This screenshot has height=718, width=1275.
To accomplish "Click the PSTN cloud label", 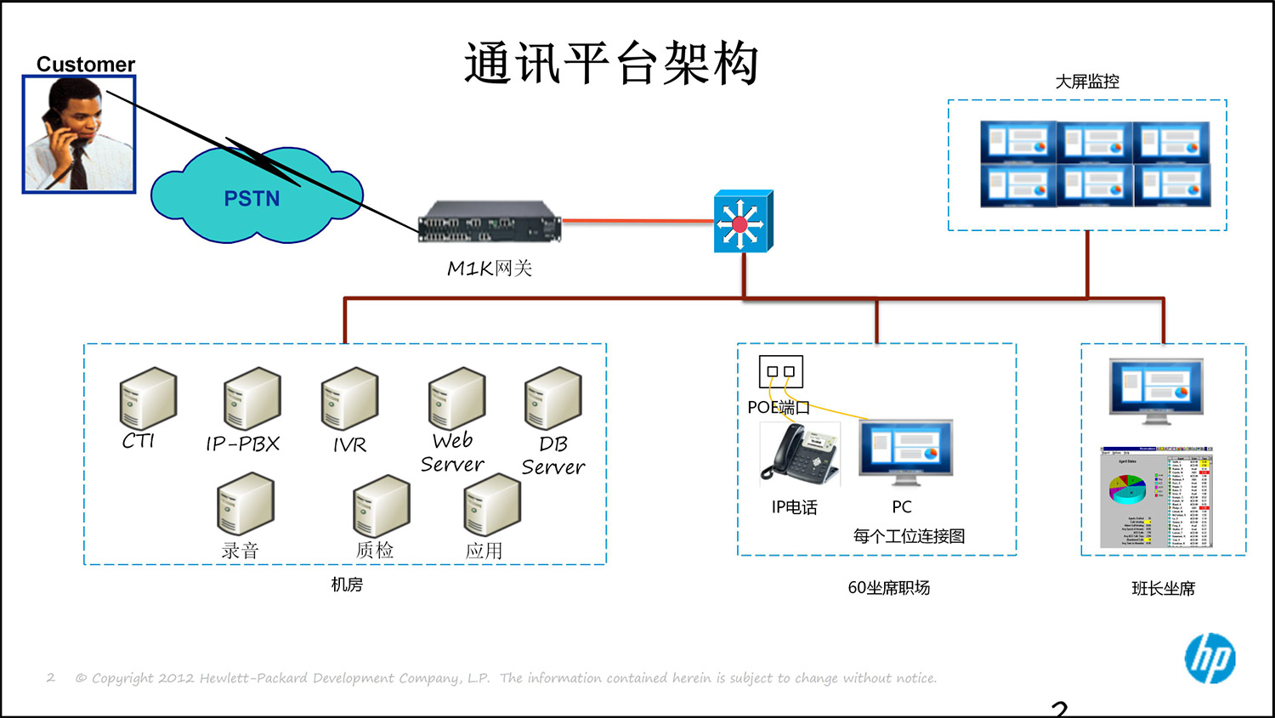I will tap(252, 199).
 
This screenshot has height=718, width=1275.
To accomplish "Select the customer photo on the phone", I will tap(79, 134).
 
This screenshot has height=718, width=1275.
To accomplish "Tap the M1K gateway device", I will tap(489, 223).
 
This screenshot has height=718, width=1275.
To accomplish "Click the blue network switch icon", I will tap(743, 223).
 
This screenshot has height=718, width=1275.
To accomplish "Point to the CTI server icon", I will tap(148, 399).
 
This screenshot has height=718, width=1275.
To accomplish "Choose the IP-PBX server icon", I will tap(252, 399).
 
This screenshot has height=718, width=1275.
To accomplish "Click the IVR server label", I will tap(349, 444).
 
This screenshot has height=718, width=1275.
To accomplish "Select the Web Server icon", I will tap(456, 399).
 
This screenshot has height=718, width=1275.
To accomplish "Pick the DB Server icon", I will tap(552, 399).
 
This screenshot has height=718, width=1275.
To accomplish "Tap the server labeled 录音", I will tap(245, 505).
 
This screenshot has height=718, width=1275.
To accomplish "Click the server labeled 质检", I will tap(381, 506).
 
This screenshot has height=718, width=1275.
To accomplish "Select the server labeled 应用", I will tap(491, 505).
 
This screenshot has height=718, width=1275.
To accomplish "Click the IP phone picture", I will tap(799, 455).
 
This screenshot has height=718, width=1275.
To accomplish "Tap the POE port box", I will tap(780, 372).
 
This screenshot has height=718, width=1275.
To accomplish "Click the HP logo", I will tap(1210, 659).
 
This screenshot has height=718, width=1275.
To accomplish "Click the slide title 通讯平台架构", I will tap(611, 64).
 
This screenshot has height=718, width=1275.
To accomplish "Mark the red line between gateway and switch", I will tap(637, 221).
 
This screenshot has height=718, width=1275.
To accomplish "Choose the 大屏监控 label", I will tap(1087, 82).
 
